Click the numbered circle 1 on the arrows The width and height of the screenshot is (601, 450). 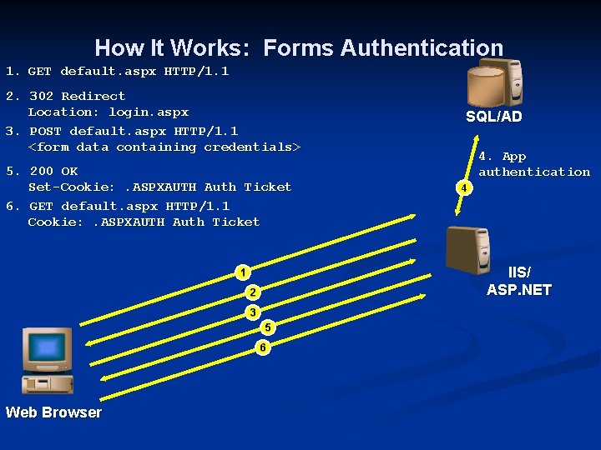coord(242,272)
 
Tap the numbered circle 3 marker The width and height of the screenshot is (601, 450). coord(253,312)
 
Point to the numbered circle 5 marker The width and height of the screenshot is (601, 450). coord(268,327)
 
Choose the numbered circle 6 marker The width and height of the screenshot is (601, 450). coord(263,347)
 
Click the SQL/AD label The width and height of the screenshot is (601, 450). coord(493,117)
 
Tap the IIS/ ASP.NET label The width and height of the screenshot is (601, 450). coord(518,282)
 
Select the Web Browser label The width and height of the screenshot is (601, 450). coord(53,412)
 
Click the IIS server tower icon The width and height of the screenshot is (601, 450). coord(473,249)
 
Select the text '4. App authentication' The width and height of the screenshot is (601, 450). coord(533,164)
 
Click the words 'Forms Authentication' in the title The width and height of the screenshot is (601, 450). coord(383,48)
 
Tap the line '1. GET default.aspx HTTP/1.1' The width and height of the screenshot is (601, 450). coord(117,72)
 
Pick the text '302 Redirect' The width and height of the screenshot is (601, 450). coord(77,96)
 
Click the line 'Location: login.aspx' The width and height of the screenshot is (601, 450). coord(109,112)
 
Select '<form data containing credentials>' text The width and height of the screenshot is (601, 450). coord(164,147)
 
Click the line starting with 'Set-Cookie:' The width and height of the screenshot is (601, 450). coord(159,187)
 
